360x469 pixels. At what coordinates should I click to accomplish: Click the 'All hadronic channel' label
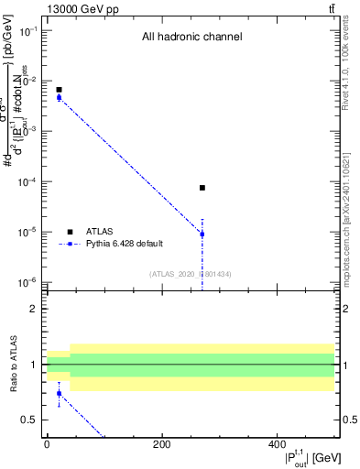pyautogui.click(x=191, y=38)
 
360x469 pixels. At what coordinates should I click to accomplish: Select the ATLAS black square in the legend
pyautogui.click(x=69, y=232)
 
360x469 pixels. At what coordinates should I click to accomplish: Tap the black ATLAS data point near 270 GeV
pyautogui.click(x=202, y=188)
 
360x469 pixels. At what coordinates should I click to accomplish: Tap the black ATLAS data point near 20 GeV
pyautogui.click(x=59, y=90)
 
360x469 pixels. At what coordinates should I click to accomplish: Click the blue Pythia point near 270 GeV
pyautogui.click(x=202, y=234)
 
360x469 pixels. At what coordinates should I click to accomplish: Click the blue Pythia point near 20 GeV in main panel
pyautogui.click(x=59, y=97)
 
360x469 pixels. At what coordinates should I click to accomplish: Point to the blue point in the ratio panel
pyautogui.click(x=59, y=394)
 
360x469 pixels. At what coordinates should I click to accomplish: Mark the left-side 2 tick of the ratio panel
pyautogui.click(x=36, y=309)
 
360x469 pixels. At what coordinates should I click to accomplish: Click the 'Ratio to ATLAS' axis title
pyautogui.click(x=14, y=365)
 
